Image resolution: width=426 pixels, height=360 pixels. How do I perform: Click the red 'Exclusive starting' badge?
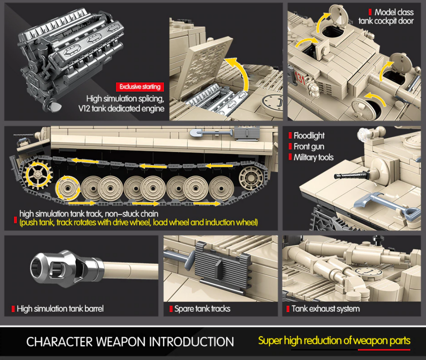coord(139,87)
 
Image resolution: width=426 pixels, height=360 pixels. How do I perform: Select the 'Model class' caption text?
coord(394,12)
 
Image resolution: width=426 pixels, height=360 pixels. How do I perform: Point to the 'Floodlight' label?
coord(309,136)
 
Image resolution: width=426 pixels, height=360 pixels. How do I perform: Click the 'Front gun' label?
coord(309,146)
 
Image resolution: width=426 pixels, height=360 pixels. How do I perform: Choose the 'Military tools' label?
coord(313,157)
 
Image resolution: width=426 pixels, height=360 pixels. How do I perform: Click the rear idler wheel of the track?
coord(250,178)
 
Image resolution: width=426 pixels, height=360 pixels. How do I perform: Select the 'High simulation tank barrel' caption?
coord(60,309)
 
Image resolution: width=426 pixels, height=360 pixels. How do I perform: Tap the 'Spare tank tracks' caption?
coord(202,309)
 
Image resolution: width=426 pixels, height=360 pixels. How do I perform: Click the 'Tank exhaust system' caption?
coord(325,309)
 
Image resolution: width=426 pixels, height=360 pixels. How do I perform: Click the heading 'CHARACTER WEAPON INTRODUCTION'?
coord(130,342)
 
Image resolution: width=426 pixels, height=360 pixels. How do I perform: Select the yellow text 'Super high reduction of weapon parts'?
coord(334,341)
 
